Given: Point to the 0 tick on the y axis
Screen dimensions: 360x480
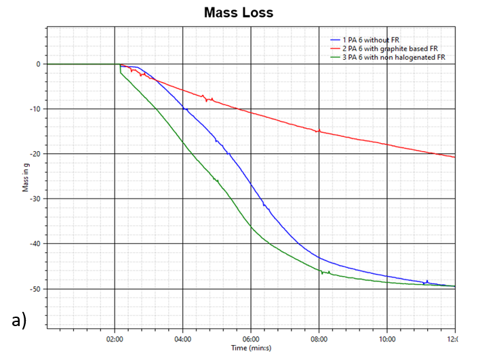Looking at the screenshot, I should [x=38, y=64].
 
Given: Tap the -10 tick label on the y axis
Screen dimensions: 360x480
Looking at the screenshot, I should [x=35, y=109].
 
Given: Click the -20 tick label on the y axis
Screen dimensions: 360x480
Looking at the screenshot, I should [x=35, y=154].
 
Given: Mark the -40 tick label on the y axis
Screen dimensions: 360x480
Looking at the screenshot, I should [x=35, y=244].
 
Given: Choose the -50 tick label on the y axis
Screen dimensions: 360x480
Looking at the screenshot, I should [x=35, y=289].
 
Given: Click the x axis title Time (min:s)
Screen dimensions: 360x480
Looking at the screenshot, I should [x=251, y=347].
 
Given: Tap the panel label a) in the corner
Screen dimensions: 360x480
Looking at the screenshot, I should [x=18, y=320].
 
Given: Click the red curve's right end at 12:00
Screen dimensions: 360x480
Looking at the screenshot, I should [x=454, y=157].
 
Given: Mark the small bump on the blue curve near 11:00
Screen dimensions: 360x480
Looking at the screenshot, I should [x=426, y=281].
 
